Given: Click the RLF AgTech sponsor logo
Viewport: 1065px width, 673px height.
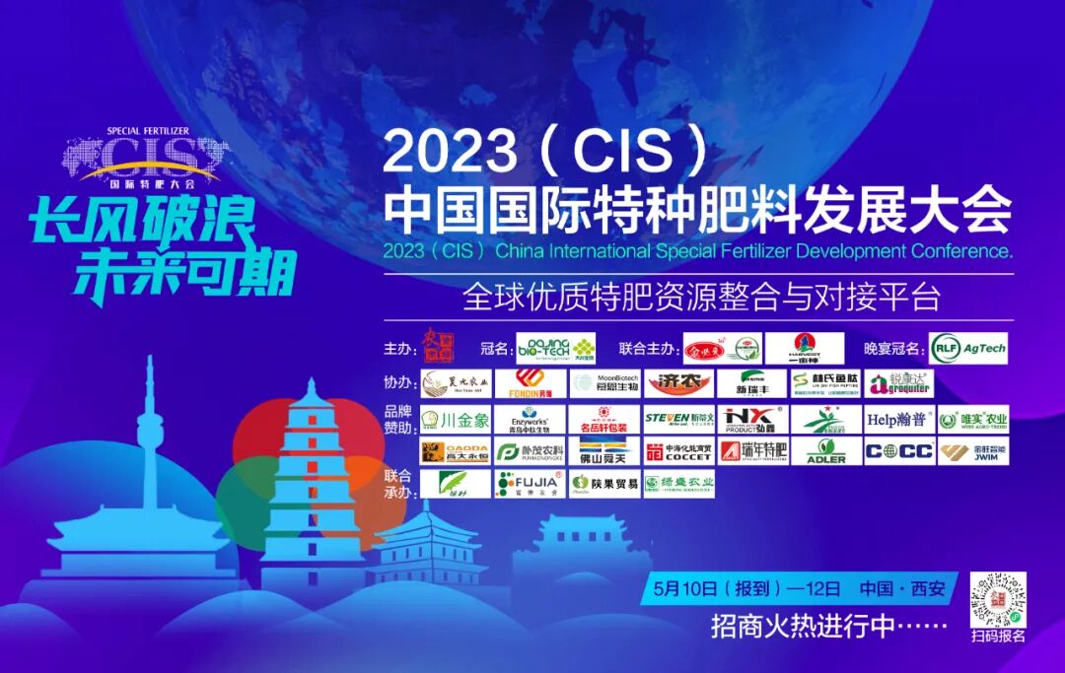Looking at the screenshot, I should coord(967,348).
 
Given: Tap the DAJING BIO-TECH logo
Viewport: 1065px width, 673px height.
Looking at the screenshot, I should coord(556,348).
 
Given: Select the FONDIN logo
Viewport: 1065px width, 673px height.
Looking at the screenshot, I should coord(531,383).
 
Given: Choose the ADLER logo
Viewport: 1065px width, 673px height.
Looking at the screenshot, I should coord(825,452).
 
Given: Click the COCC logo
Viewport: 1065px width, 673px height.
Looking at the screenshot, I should coord(898,452).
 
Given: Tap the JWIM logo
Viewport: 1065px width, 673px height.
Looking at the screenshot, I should coord(972,452).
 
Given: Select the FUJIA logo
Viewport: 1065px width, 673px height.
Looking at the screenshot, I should coord(531,484).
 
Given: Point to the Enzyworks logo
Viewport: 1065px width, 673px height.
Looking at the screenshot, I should coord(531,419).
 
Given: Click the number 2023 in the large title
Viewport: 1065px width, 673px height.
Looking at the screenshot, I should coord(450,154).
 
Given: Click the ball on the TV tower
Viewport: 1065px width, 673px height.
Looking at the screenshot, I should coord(150,430).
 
